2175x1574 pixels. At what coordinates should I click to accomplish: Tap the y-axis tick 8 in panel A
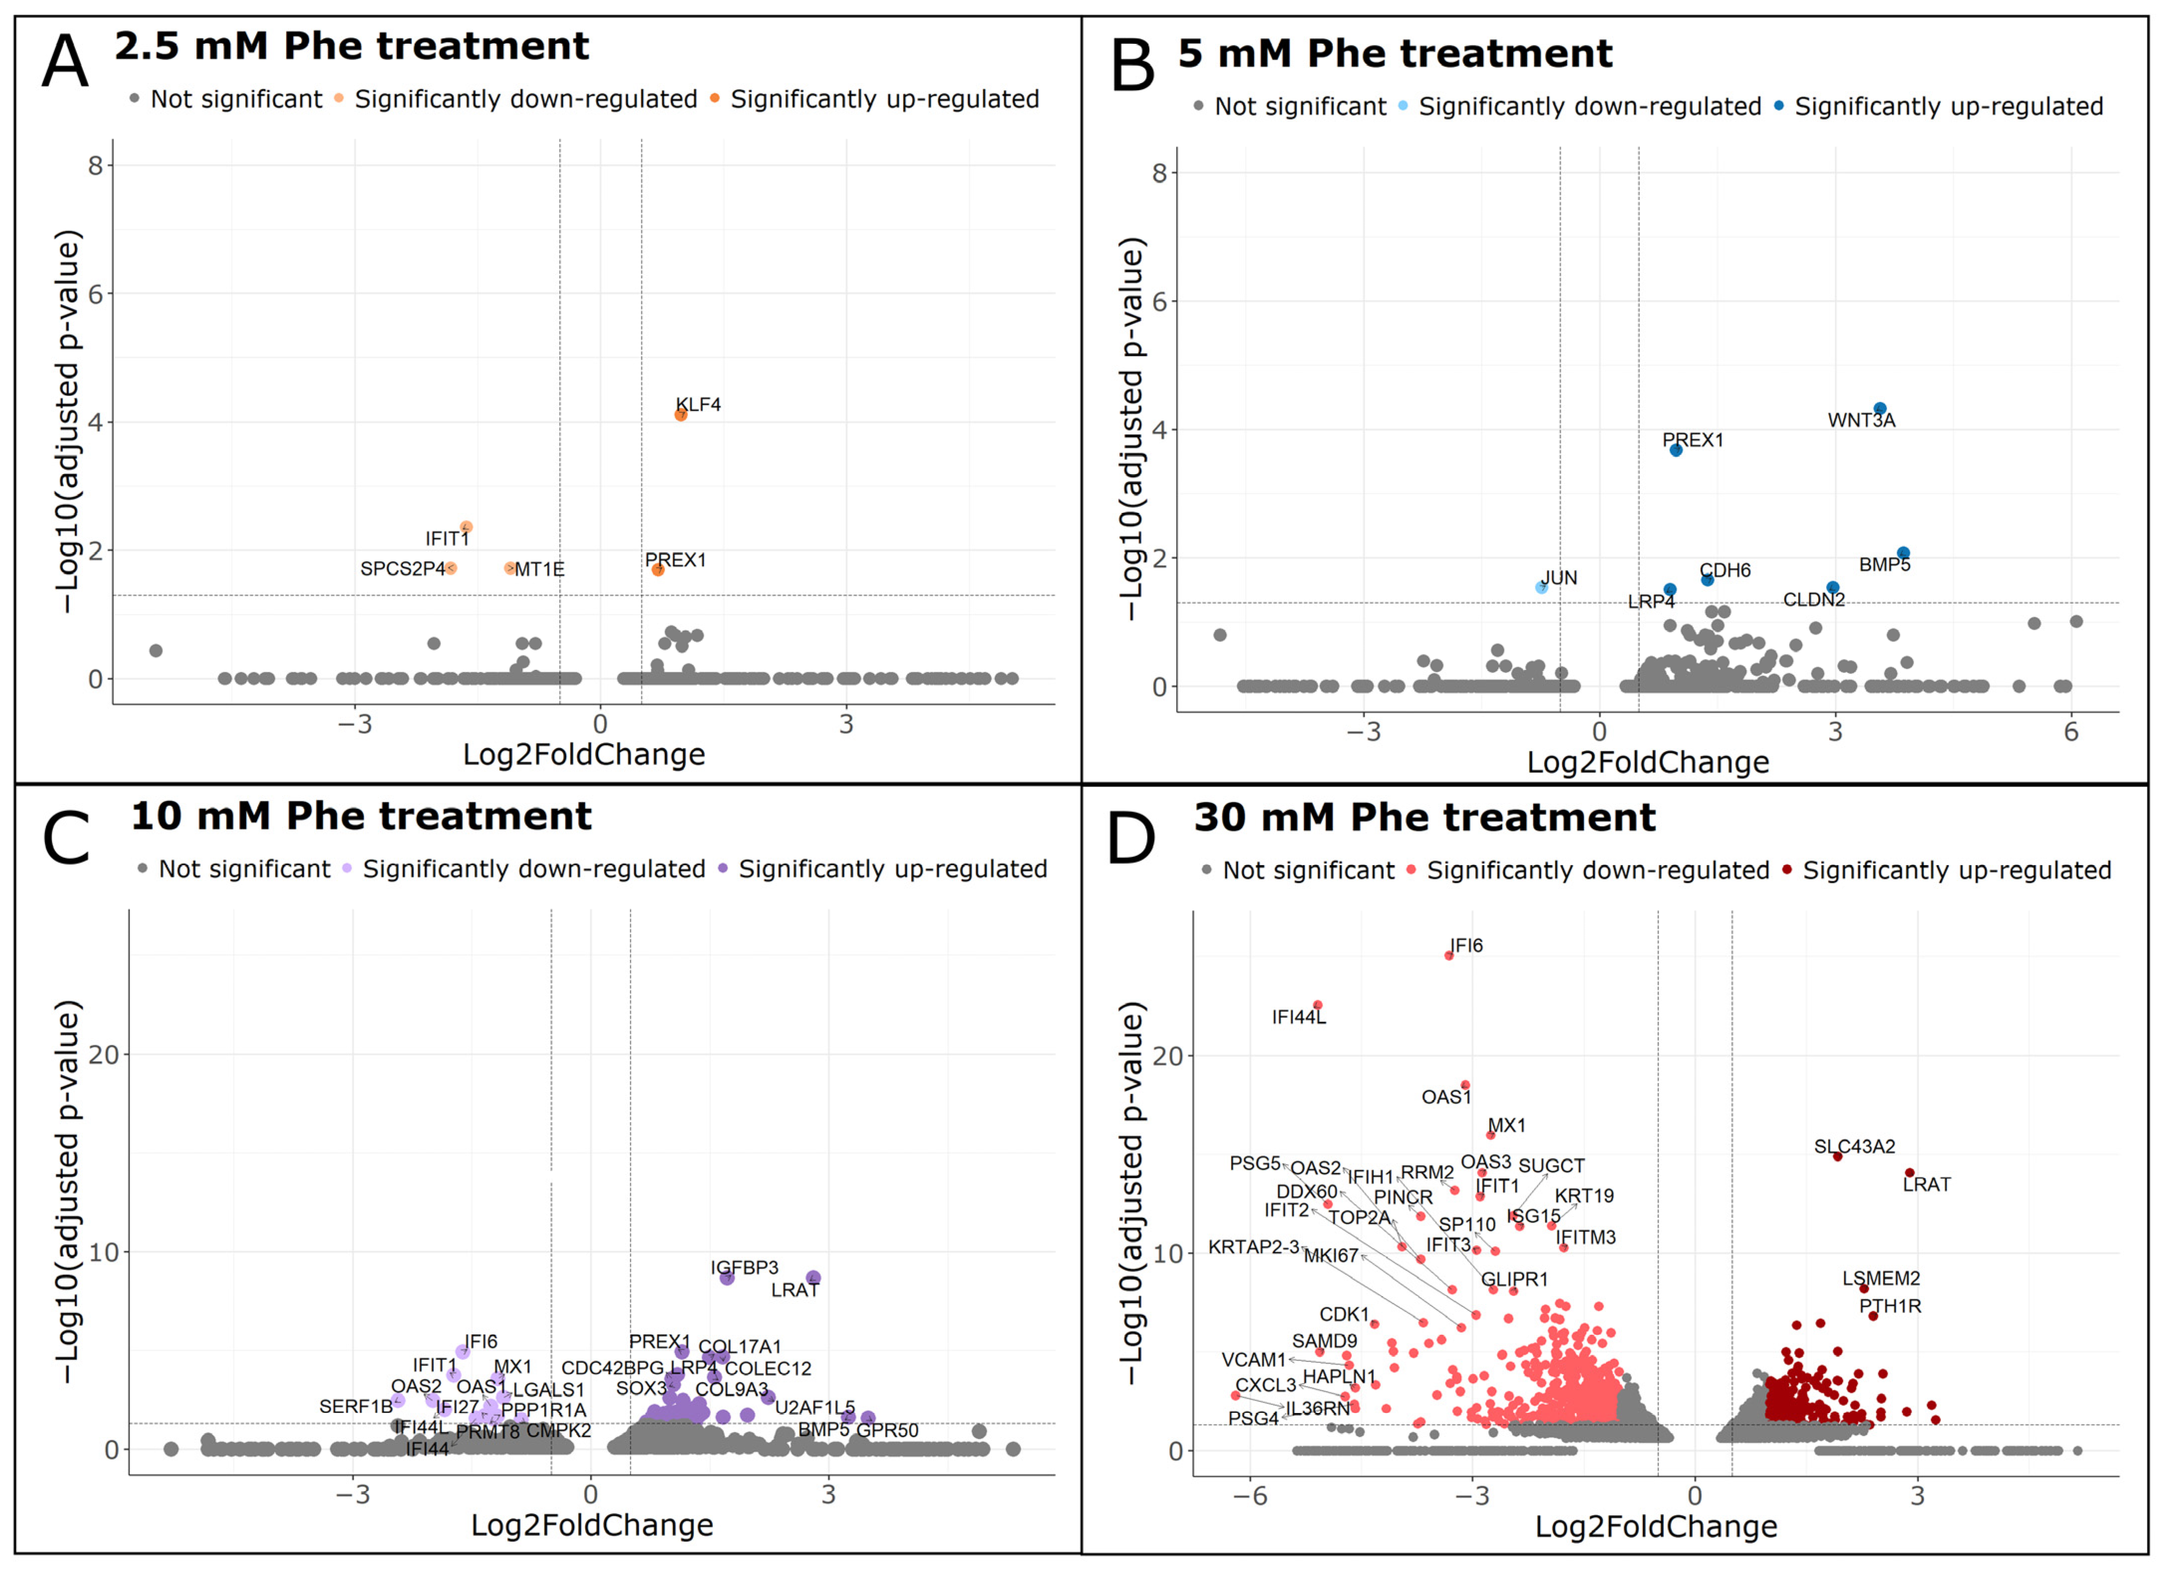coord(95,166)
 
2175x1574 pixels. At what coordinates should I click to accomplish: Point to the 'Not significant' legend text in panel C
coord(245,870)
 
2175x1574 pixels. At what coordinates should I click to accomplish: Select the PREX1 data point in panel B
coord(1676,451)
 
